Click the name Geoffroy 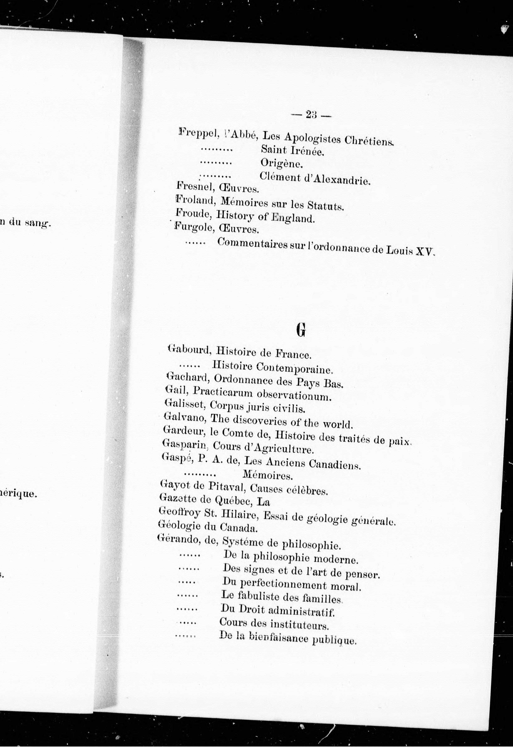coord(179,512)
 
